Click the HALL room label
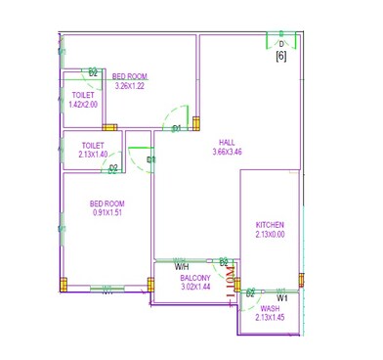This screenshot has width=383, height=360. (227, 141)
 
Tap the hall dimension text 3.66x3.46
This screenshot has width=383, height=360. (227, 152)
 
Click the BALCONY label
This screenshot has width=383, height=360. (194, 278)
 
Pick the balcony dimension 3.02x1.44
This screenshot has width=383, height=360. (194, 288)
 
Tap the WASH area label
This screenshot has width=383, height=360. (270, 308)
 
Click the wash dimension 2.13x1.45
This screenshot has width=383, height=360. (270, 318)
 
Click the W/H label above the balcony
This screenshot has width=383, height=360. (182, 265)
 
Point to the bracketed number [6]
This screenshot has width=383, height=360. (280, 57)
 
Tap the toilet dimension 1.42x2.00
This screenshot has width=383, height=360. (83, 105)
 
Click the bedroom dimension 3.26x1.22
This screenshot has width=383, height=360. (129, 86)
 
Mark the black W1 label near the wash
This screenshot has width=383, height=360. (281, 296)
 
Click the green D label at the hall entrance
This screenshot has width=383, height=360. (281, 44)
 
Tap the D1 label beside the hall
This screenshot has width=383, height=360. (177, 128)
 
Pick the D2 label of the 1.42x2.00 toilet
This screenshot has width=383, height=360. (93, 72)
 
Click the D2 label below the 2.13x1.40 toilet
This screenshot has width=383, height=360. (113, 168)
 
